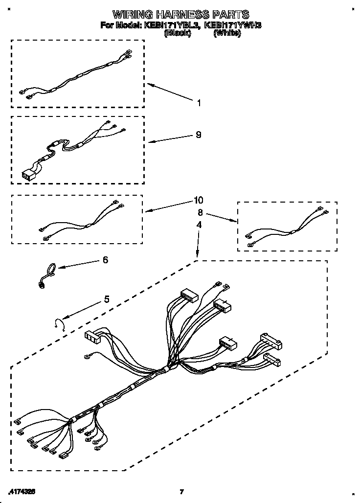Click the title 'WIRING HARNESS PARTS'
click(x=180, y=15)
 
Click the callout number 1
click(x=199, y=103)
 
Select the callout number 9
click(x=198, y=135)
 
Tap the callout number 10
click(x=198, y=200)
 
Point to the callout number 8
click(x=200, y=213)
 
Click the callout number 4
click(x=199, y=225)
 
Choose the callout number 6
click(x=105, y=260)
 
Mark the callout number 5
click(x=106, y=299)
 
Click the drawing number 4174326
click(x=22, y=490)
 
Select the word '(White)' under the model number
click(x=227, y=33)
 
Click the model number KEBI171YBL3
click(x=171, y=25)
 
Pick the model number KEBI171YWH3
click(x=232, y=25)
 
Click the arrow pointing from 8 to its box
click(x=222, y=218)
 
